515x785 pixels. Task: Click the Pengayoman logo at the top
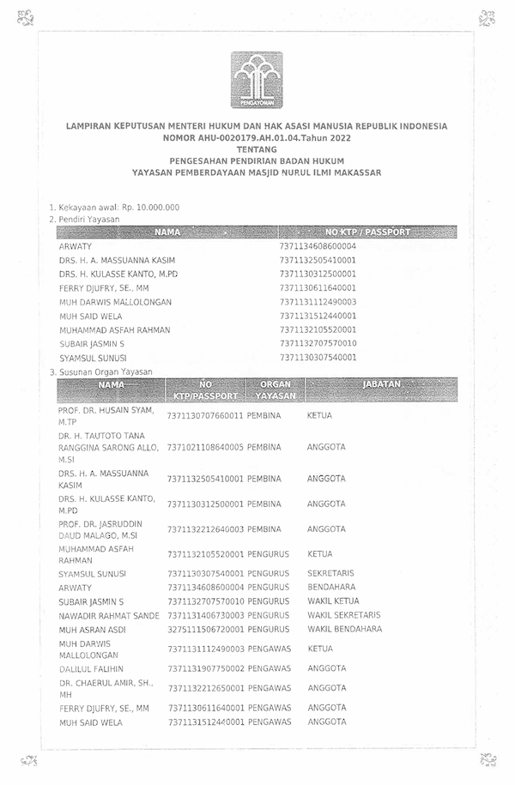[256, 78]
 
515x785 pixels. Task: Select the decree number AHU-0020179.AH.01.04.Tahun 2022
[257, 137]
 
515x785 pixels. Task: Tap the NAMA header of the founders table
[167, 232]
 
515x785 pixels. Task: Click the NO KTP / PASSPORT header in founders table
[367, 232]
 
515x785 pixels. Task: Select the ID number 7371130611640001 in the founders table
[318, 287]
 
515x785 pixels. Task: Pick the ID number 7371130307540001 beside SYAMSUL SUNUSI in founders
[318, 357]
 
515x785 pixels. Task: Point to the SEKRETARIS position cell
[330, 573]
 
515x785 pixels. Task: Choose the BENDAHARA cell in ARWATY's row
[330, 587]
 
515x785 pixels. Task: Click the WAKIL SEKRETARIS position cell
[343, 615]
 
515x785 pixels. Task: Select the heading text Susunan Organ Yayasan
[104, 371]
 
